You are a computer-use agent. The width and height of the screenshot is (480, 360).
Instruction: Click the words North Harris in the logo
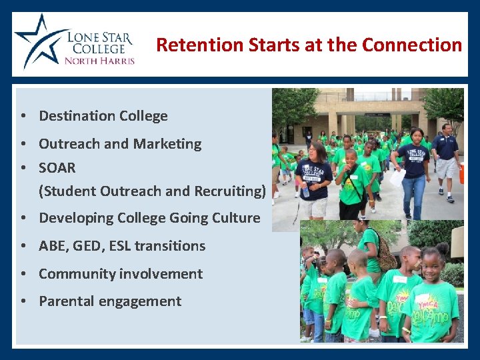pos(99,61)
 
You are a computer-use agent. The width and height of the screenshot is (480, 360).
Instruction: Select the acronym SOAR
pos(57,167)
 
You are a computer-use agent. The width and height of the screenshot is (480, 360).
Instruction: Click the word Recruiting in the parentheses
pos(229,191)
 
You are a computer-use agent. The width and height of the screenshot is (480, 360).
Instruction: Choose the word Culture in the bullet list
pos(233,218)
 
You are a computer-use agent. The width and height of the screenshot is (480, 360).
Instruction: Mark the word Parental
pos(67,301)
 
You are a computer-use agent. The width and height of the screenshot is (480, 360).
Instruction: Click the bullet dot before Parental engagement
pos(23,301)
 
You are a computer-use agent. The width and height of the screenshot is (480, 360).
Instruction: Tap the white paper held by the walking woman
pos(397,177)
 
